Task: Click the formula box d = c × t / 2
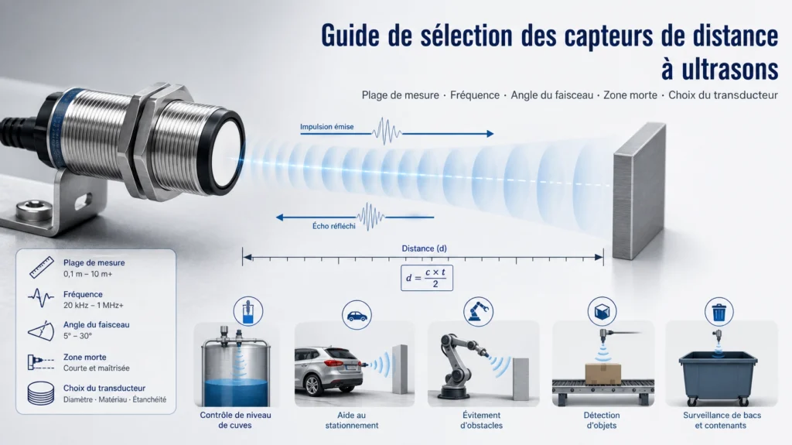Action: (x=427, y=278)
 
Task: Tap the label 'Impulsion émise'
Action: (x=327, y=127)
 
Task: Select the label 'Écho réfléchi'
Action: (x=334, y=226)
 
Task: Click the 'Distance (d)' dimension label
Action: (x=425, y=248)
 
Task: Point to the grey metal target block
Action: (x=639, y=190)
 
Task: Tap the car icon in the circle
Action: (x=357, y=315)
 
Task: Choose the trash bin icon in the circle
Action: (x=719, y=312)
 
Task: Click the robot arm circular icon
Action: (x=478, y=311)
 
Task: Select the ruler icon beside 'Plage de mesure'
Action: (x=42, y=268)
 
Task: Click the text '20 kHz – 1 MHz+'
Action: (x=94, y=306)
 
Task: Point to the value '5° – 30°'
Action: (x=78, y=336)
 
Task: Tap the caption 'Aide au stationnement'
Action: (x=352, y=420)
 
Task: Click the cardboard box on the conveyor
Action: (x=603, y=374)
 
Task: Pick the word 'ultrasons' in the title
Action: (x=720, y=70)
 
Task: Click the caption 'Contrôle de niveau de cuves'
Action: (x=235, y=420)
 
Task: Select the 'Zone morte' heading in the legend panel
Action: (x=85, y=357)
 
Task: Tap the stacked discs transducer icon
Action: (x=41, y=393)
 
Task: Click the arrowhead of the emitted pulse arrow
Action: (x=490, y=133)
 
